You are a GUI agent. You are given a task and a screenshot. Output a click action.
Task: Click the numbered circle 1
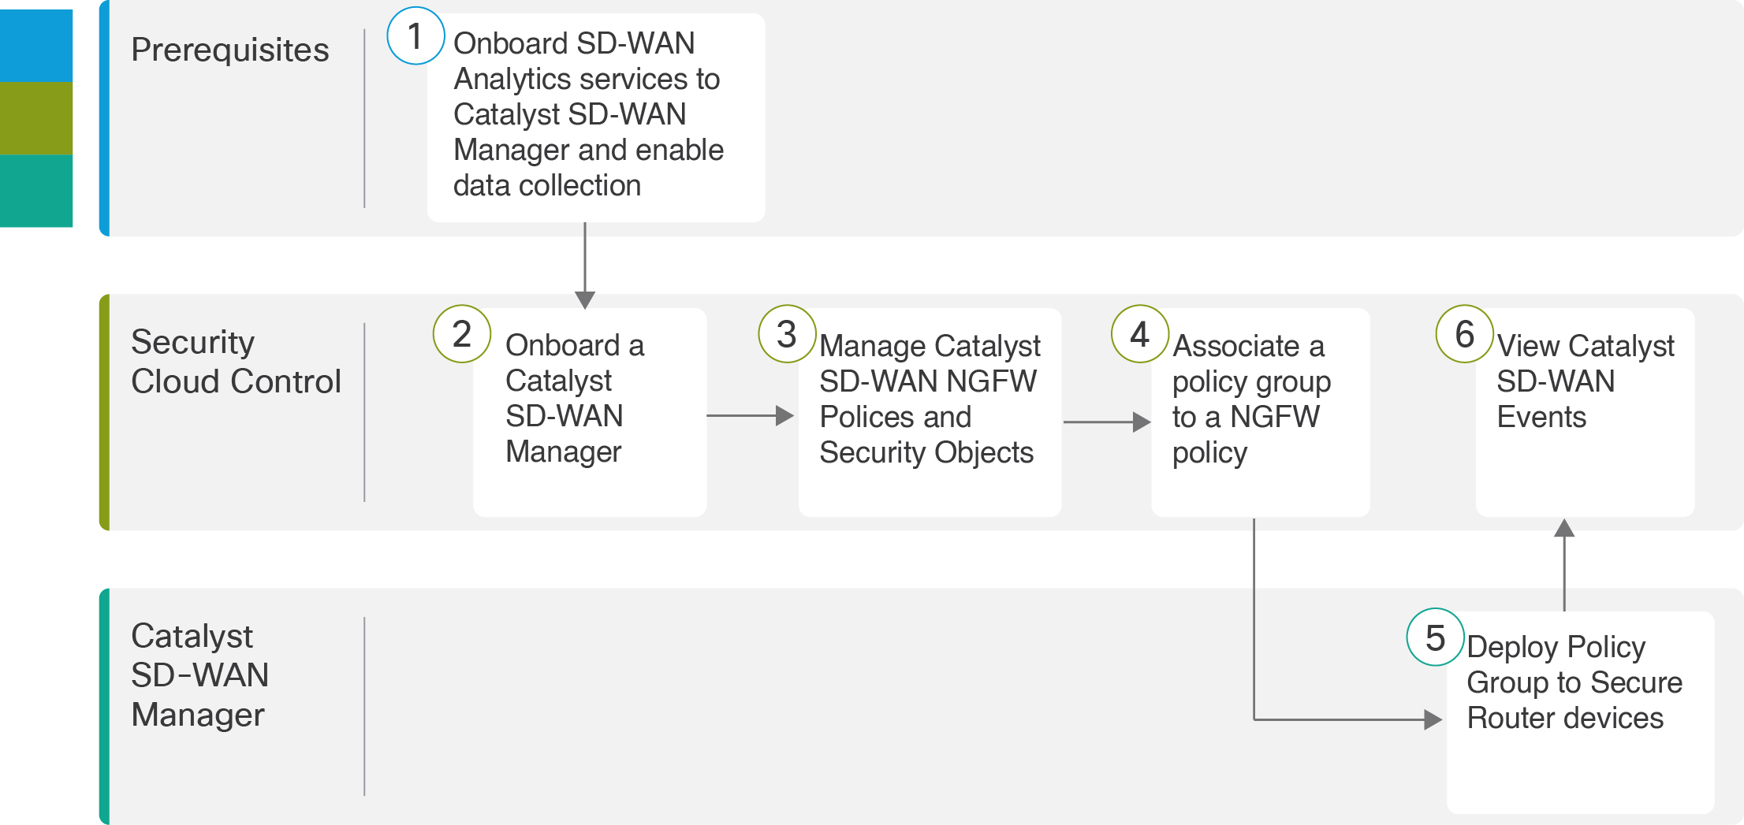416,36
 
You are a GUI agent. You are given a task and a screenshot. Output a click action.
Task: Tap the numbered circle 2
462,334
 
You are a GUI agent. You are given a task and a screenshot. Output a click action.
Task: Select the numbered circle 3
787,334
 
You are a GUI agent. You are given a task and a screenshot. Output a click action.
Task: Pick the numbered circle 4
1140,334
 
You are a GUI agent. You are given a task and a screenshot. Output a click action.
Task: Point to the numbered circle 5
1436,637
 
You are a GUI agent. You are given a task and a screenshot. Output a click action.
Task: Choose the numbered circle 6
1465,334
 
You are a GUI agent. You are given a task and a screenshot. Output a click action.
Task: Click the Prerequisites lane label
229,50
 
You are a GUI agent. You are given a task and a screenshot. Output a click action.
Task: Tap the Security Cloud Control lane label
235,362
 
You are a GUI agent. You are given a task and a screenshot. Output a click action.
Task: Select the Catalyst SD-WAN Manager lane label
200,675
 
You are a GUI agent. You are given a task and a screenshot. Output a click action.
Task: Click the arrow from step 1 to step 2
585,265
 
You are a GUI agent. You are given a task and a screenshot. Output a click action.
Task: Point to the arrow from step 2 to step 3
750,415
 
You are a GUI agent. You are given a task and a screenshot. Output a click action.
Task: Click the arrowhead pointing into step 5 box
1433,719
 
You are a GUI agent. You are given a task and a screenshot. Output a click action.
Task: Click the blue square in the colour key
36,45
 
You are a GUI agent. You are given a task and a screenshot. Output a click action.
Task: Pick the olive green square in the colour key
36,118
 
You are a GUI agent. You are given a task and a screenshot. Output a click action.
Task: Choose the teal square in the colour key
36,191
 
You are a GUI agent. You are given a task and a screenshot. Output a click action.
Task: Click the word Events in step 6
1541,417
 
